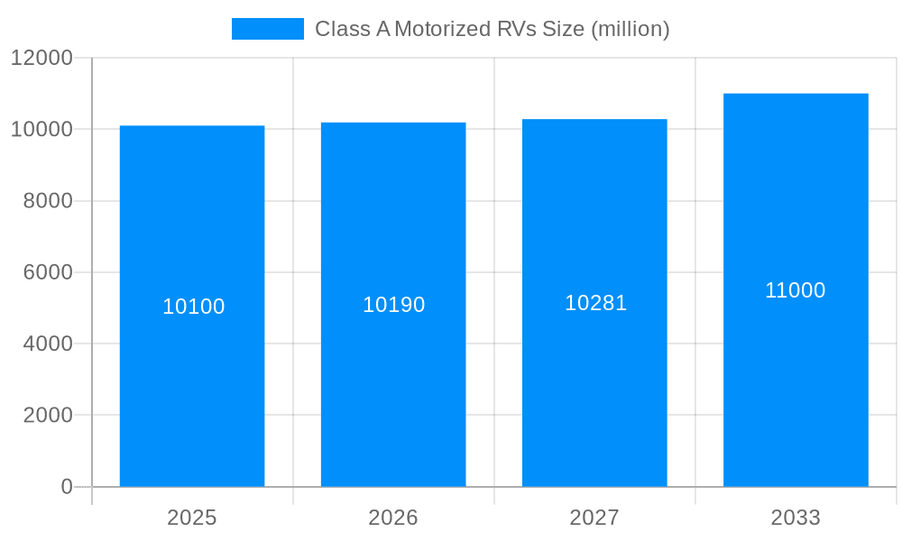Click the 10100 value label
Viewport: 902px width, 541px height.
pyautogui.click(x=194, y=307)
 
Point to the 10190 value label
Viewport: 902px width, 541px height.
pyautogui.click(x=394, y=305)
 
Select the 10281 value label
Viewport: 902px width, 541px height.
pyautogui.click(x=595, y=303)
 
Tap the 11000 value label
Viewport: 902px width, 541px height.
pyautogui.click(x=796, y=290)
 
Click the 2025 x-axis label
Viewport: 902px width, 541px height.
pyautogui.click(x=192, y=518)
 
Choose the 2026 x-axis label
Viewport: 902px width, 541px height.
pyautogui.click(x=393, y=518)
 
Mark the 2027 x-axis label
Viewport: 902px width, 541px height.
pyautogui.click(x=594, y=518)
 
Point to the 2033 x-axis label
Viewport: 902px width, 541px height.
pyautogui.click(x=796, y=518)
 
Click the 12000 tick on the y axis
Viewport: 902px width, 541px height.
pyautogui.click(x=41, y=58)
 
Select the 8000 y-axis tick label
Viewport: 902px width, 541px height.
pyautogui.click(x=47, y=201)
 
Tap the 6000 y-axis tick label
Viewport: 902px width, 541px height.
pyautogui.click(x=47, y=272)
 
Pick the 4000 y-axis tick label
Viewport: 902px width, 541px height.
pyautogui.click(x=47, y=344)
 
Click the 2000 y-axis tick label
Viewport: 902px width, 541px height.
pyautogui.click(x=47, y=416)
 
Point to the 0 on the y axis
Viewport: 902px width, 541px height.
pyautogui.click(x=67, y=487)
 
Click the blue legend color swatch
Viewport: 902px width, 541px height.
pyautogui.click(x=268, y=29)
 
